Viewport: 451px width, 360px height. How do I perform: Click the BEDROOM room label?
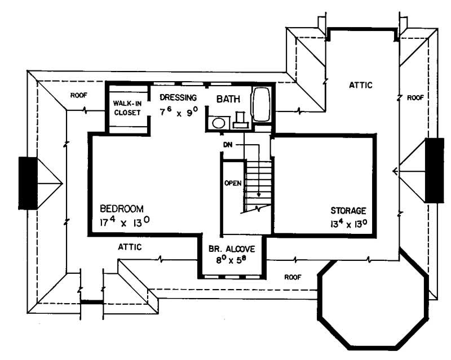tap(121, 207)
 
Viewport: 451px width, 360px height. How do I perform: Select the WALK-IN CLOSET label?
tap(127, 108)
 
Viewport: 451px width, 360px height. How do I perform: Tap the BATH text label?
tap(229, 99)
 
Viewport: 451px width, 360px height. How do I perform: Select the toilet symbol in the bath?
tap(241, 119)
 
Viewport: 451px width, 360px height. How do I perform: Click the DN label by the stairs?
tap(228, 145)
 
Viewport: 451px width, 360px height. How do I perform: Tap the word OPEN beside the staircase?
tap(233, 183)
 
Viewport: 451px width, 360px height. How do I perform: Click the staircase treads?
tap(258, 183)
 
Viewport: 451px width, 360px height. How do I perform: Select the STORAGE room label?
tap(348, 211)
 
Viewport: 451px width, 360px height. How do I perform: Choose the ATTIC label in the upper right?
tap(360, 85)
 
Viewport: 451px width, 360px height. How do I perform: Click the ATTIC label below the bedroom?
tap(130, 247)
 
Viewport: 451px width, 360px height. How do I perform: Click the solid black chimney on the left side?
tap(28, 183)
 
